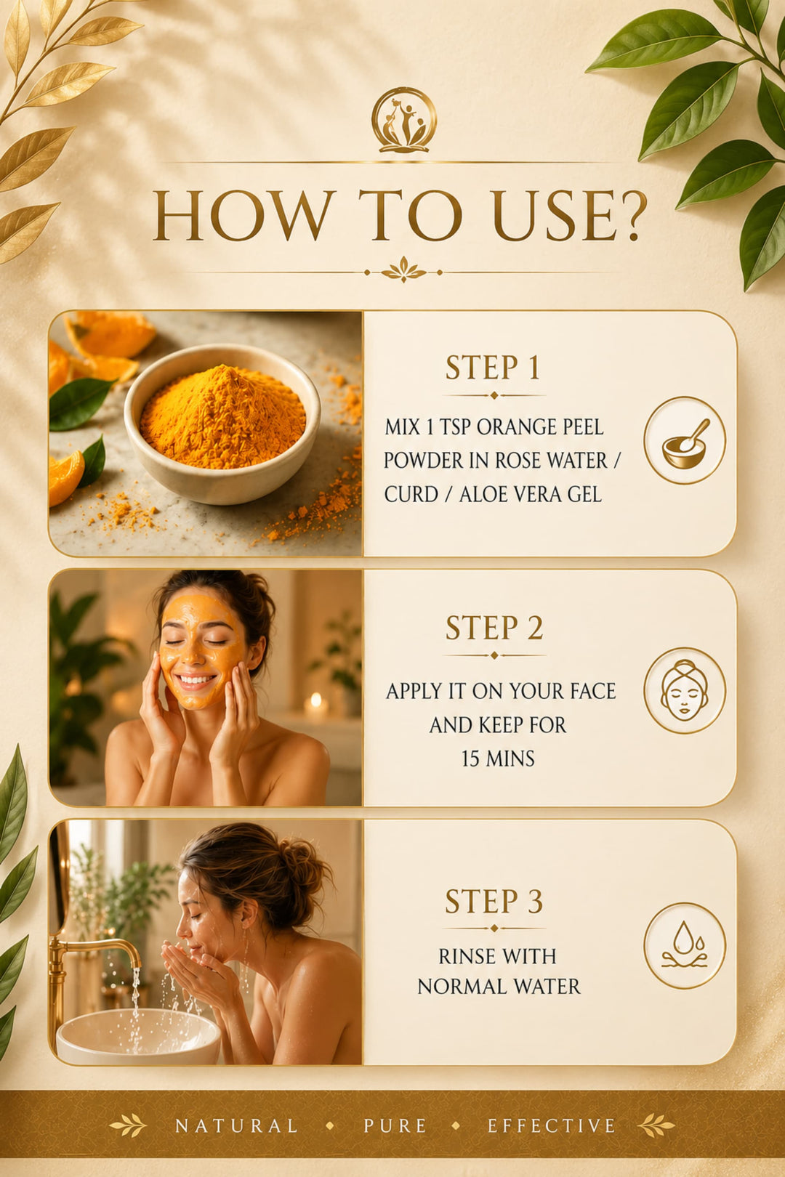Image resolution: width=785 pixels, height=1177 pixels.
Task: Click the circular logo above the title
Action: pos(404,120)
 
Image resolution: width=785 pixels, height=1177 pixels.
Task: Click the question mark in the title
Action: pos(624,216)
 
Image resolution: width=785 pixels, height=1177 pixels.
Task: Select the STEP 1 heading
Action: pos(493,368)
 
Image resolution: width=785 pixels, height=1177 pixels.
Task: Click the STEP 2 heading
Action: pos(494,628)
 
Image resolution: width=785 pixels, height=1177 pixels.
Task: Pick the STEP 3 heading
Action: pos(494,901)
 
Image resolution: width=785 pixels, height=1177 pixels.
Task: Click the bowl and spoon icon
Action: pos(685,440)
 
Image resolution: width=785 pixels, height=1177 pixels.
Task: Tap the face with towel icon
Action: pos(685,690)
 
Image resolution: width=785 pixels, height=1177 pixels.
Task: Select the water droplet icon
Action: pos(685,945)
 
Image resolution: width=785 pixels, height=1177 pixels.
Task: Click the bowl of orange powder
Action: pos(222,424)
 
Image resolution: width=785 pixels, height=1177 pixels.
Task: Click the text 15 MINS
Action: pos(498,759)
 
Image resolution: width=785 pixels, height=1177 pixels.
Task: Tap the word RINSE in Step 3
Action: pos(465,956)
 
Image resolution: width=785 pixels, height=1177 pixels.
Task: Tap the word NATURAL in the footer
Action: pos(236,1125)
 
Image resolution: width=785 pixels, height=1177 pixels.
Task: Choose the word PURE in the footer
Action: pos(395,1125)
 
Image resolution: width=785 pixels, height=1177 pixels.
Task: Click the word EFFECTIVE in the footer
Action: pos(552,1125)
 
